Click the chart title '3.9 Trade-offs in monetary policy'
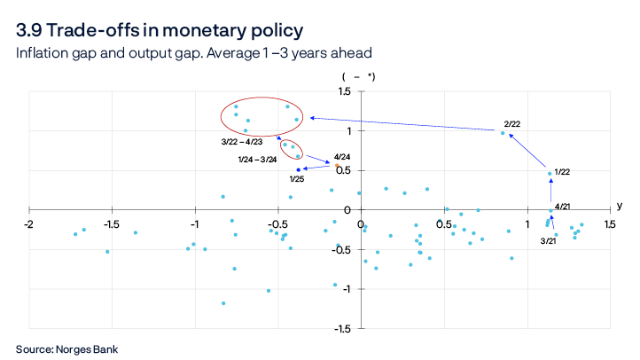click(160, 30)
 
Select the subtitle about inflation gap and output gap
click(193, 53)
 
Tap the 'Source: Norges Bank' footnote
click(66, 348)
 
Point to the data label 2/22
click(512, 123)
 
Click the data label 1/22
click(562, 172)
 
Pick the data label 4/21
click(562, 207)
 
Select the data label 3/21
click(549, 240)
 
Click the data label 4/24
click(342, 156)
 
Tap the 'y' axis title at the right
click(620, 206)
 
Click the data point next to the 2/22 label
click(503, 133)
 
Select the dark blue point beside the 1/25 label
click(299, 169)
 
